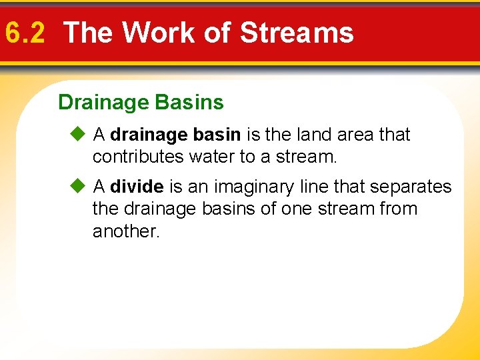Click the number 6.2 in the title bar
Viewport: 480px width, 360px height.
click(25, 32)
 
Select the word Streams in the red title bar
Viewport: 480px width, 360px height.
click(297, 32)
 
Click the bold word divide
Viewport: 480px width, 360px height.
click(137, 187)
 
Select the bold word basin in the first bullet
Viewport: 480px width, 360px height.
click(217, 135)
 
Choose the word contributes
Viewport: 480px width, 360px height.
click(138, 157)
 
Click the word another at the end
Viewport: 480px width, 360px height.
click(126, 231)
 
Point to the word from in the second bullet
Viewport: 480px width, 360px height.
click(399, 209)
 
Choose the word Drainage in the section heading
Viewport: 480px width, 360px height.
click(103, 103)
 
